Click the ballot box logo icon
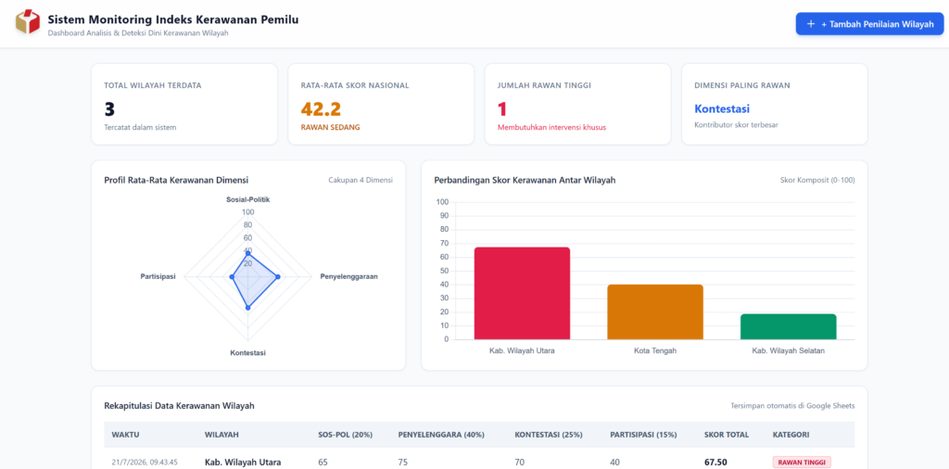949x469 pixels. [x=27, y=22]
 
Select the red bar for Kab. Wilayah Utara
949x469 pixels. [x=523, y=294]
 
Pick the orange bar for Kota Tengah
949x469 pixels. [x=655, y=311]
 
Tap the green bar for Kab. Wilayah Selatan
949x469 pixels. [x=788, y=327]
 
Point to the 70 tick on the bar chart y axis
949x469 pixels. [x=443, y=243]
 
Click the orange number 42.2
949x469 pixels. [x=321, y=109]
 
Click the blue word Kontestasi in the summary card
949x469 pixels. [x=722, y=109]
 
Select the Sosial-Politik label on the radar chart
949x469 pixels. [x=248, y=199]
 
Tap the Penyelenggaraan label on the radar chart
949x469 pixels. [x=348, y=276]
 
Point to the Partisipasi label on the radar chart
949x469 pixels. [x=158, y=276]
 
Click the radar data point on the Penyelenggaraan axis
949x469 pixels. [x=278, y=276]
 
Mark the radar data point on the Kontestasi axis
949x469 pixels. [x=247, y=308]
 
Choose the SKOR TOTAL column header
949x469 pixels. [x=727, y=435]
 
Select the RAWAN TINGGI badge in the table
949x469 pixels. [x=802, y=463]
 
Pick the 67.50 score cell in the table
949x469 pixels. [x=715, y=463]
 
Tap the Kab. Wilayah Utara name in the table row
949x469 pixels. [x=243, y=463]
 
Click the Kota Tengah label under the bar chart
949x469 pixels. [x=655, y=350]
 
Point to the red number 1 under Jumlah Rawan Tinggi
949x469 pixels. [x=502, y=109]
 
